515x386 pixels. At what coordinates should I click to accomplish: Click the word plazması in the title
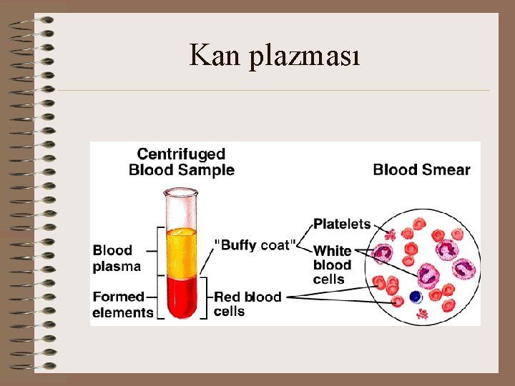(x=305, y=56)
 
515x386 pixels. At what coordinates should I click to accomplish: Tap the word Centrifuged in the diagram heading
(x=181, y=154)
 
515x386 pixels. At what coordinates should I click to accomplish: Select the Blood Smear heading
(x=421, y=169)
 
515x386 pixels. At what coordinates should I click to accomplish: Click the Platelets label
(x=342, y=224)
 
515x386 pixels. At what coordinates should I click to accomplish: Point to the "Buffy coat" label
(x=255, y=244)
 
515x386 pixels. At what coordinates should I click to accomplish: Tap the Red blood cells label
(x=247, y=304)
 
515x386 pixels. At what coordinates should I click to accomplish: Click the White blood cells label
(x=333, y=264)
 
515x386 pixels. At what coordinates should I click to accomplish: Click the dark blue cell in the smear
(x=415, y=297)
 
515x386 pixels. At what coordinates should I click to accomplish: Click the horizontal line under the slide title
(x=272, y=91)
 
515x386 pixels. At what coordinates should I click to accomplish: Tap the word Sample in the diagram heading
(x=208, y=169)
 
